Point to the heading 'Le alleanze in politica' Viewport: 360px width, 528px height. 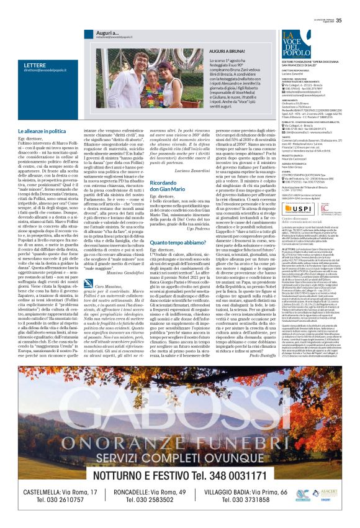(42, 132)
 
